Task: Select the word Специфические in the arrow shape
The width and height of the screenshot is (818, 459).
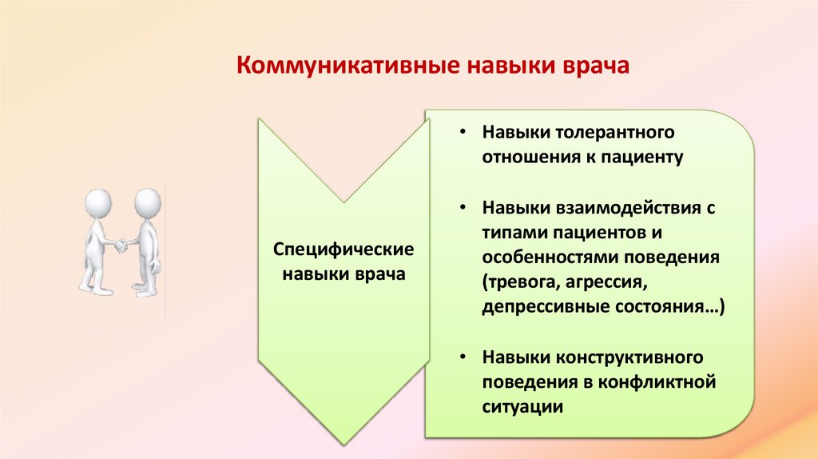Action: click(344, 249)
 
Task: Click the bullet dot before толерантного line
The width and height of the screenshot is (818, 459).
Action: click(463, 130)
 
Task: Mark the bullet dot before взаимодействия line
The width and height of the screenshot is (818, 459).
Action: click(463, 208)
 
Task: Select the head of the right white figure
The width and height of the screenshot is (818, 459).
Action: click(147, 201)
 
